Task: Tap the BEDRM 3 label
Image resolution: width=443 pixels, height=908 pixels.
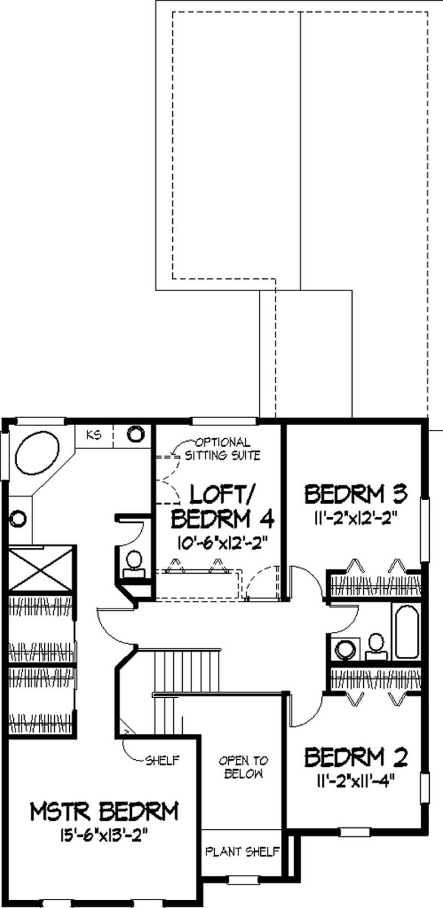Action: (356, 493)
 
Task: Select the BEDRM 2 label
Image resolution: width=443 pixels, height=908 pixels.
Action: (356, 757)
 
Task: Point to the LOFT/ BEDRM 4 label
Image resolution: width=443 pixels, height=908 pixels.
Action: (223, 505)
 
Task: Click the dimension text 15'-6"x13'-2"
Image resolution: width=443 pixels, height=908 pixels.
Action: (105, 833)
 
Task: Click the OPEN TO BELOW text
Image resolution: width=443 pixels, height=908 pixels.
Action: (243, 767)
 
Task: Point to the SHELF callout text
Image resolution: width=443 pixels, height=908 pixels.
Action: (162, 761)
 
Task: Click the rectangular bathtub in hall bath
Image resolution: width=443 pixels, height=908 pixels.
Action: (406, 630)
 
